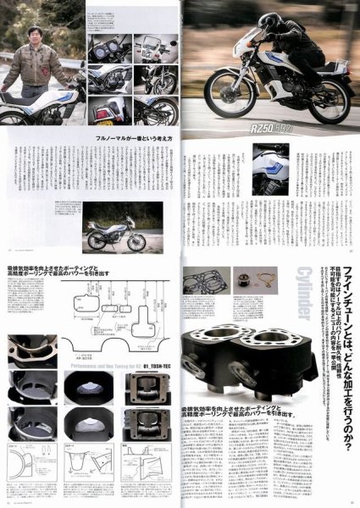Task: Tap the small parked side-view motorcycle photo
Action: pyautogui.click(x=114, y=232)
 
